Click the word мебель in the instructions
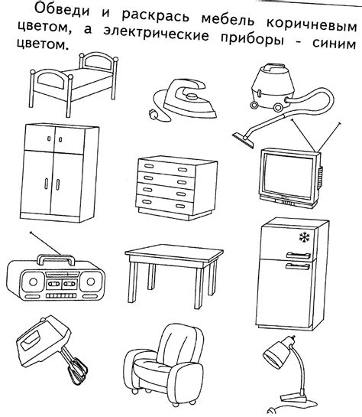point(228,19)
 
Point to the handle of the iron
point(186,85)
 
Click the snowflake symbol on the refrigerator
point(304,237)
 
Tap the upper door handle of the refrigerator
point(298,256)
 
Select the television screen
point(289,175)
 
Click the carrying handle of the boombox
point(56,259)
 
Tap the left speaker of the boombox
point(33,282)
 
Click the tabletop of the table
point(174,253)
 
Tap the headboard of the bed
point(99,62)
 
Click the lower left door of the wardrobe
point(37,183)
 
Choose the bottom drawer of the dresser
point(164,204)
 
